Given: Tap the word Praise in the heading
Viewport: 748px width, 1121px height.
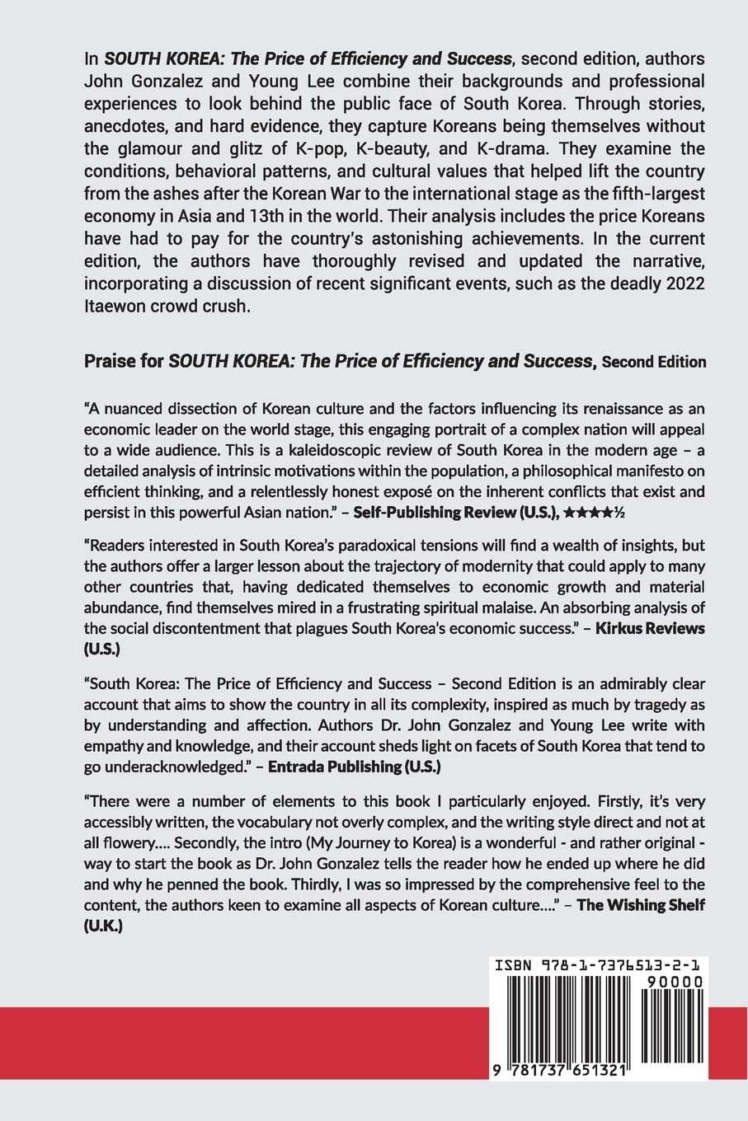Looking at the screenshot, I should pyautogui.click(x=110, y=361).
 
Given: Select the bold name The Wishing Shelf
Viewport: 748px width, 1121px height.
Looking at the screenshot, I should pyautogui.click(x=640, y=903).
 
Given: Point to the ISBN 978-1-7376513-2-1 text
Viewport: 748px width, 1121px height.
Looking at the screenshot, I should pyautogui.click(x=600, y=965).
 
